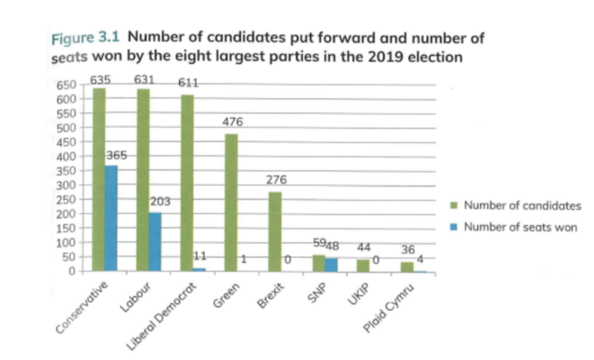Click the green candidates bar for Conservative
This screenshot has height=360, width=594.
[99, 180]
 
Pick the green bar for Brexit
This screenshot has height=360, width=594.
[275, 232]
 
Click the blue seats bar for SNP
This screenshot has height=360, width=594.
[331, 265]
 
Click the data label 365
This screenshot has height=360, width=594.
[116, 155]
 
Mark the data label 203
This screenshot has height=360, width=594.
[161, 202]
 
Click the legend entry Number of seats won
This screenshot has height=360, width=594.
[520, 227]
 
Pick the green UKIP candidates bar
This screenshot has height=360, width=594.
[364, 265]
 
